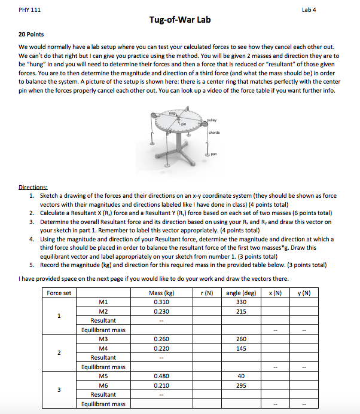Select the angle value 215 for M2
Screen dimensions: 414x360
pyautogui.click(x=242, y=311)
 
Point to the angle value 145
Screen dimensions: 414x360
pyautogui.click(x=242, y=348)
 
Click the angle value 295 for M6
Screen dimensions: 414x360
pyautogui.click(x=242, y=385)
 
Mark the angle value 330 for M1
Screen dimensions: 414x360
pyautogui.click(x=242, y=302)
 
